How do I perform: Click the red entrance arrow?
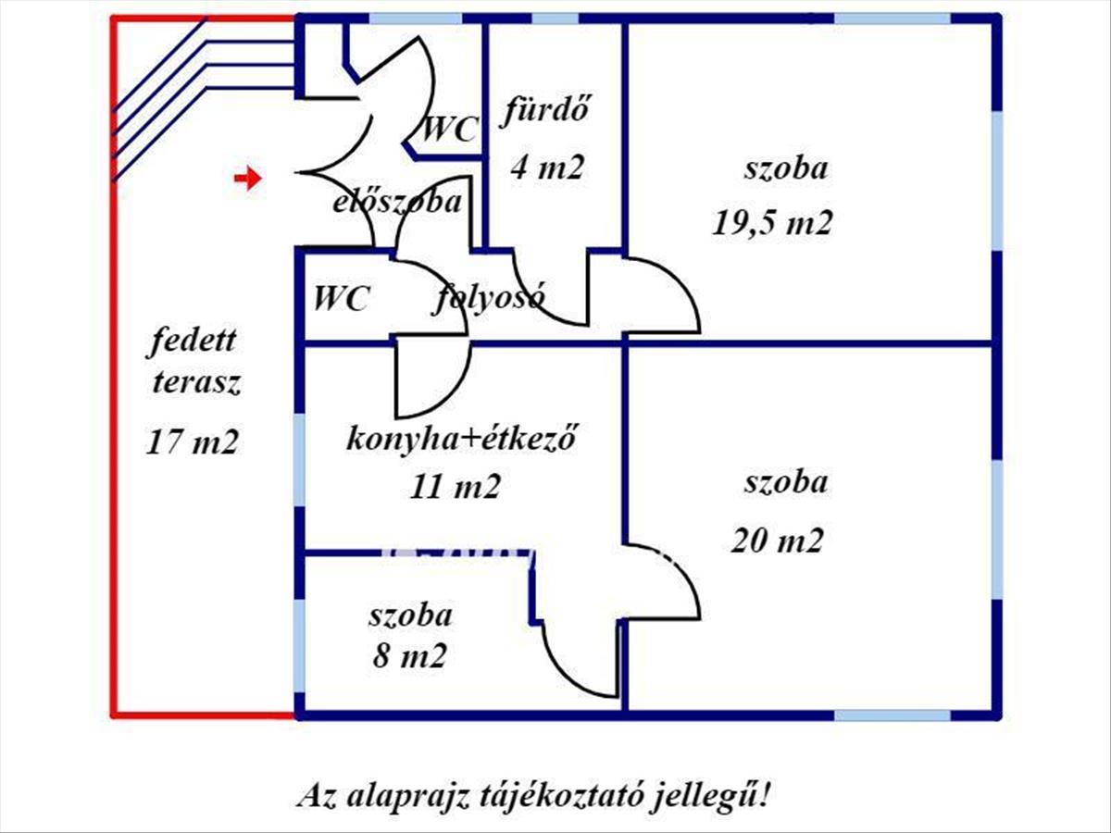pyautogui.click(x=247, y=179)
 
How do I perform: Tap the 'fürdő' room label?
pyautogui.click(x=546, y=113)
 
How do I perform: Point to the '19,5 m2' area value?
pyautogui.click(x=772, y=223)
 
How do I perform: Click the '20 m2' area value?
pyautogui.click(x=777, y=540)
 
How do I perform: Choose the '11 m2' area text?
pyautogui.click(x=455, y=486)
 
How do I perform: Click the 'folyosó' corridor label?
pyautogui.click(x=490, y=298)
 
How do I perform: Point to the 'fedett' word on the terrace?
pyautogui.click(x=193, y=342)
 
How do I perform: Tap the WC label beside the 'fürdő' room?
pyautogui.click(x=449, y=129)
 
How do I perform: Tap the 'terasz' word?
pyautogui.click(x=196, y=383)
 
